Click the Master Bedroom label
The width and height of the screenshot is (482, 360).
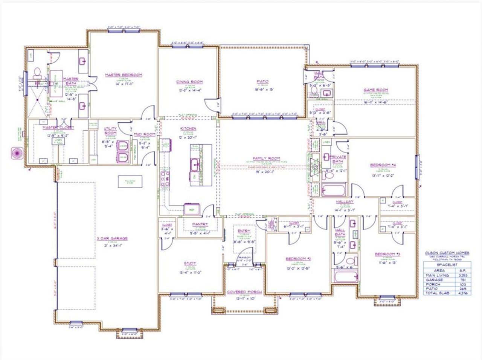[x=124, y=75]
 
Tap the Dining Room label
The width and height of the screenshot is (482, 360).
[x=189, y=82]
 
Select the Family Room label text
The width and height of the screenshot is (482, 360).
[x=266, y=158]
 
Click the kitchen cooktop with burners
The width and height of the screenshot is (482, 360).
[x=165, y=179]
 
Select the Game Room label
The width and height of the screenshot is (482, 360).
[x=375, y=90]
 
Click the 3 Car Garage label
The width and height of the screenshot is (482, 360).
[x=111, y=238]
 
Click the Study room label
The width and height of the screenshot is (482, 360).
[x=190, y=264]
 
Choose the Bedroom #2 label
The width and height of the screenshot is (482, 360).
[x=298, y=259]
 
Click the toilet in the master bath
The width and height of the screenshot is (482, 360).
[x=37, y=72]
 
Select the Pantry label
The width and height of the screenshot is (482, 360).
[x=200, y=224]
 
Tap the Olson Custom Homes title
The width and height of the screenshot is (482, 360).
[x=447, y=253]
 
